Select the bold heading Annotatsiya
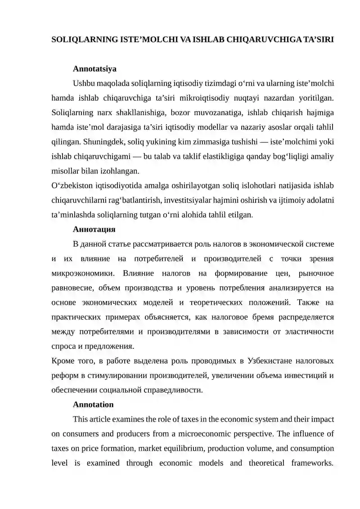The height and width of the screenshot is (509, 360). pos(94,69)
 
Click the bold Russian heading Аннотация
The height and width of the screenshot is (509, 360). pos(94,229)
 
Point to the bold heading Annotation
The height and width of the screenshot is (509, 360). pos(93,404)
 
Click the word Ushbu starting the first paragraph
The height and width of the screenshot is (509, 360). pos(83,83)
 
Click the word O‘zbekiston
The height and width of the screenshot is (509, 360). pos(71,185)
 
